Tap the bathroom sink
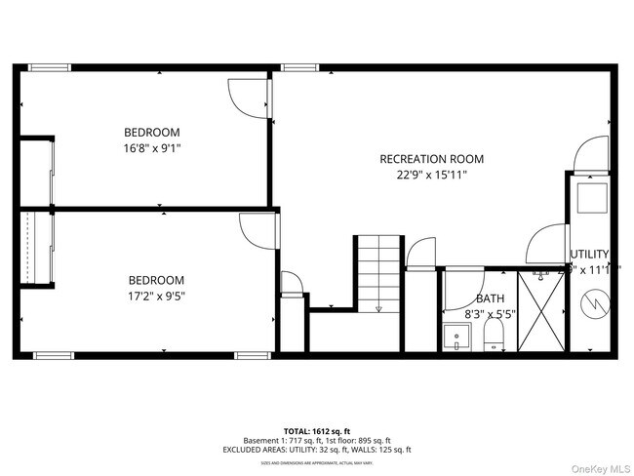pyautogui.click(x=455, y=339)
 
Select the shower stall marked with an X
pyautogui.click(x=538, y=311)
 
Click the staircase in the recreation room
pyautogui.click(x=378, y=272)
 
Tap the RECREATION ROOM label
pyautogui.click(x=431, y=159)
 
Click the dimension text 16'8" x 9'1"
pyautogui.click(x=152, y=148)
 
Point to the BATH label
pyautogui.click(x=490, y=298)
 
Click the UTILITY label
pyautogui.click(x=589, y=254)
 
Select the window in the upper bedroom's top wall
pyautogui.click(x=49, y=67)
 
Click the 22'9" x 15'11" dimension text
pyautogui.click(x=431, y=176)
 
